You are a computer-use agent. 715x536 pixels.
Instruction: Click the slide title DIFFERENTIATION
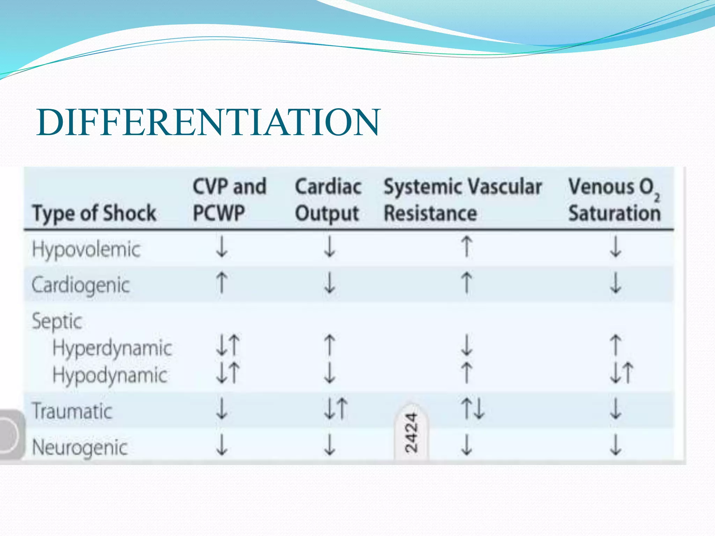tap(208, 122)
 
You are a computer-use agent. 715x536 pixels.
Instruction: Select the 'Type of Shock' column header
tap(94, 213)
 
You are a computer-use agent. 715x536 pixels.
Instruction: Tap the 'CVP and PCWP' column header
tap(229, 200)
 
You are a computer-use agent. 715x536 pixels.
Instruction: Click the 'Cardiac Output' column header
tap(328, 200)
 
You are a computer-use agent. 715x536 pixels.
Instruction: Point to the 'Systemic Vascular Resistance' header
tap(463, 200)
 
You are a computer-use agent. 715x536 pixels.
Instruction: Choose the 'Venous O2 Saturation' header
tap(614, 200)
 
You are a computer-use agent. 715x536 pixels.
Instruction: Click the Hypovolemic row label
tap(86, 250)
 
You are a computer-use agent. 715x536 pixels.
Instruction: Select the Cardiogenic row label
tap(81, 285)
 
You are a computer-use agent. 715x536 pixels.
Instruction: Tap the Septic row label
tap(57, 321)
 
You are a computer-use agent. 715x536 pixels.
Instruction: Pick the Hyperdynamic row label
tap(112, 348)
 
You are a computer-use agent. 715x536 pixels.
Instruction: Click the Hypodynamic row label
tap(110, 375)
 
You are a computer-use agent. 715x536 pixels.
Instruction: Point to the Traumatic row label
tap(72, 411)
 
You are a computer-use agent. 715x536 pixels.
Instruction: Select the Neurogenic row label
tap(80, 447)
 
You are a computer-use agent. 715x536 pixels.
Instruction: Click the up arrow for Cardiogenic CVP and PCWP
tap(222, 283)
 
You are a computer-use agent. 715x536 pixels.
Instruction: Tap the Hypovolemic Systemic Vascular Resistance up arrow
tap(467, 246)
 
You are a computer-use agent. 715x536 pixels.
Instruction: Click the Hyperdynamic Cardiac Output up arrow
tap(330, 345)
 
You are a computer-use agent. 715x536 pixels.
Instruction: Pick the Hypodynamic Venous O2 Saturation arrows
tap(621, 373)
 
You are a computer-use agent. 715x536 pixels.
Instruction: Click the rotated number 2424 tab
tap(411, 433)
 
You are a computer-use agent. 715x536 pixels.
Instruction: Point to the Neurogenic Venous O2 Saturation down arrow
tap(616, 445)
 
